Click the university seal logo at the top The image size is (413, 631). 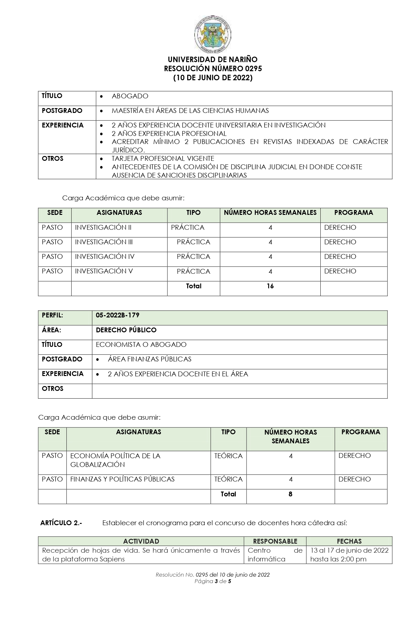[212, 34]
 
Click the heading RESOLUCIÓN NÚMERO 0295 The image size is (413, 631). [212, 69]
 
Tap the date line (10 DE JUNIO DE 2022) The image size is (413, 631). [212, 78]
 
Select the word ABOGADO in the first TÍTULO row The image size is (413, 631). [130, 96]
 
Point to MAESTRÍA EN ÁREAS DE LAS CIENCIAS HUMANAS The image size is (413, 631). [190, 111]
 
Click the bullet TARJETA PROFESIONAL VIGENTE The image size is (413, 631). [163, 159]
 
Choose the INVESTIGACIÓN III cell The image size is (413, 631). [104, 242]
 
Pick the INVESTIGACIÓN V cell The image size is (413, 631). [104, 271]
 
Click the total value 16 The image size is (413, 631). [270, 286]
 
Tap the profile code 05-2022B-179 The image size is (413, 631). [118, 315]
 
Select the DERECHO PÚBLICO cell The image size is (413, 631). [126, 330]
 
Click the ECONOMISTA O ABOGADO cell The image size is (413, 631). [141, 345]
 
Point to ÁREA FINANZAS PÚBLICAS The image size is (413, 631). [149, 359]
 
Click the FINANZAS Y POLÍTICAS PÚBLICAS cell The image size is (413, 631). [122, 479]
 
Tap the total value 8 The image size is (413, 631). [290, 494]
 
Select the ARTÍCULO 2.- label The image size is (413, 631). [61, 523]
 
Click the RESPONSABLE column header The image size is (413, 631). [275, 541]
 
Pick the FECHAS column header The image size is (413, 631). [349, 541]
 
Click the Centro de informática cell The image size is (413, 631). [275, 555]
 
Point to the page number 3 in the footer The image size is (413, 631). [216, 581]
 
